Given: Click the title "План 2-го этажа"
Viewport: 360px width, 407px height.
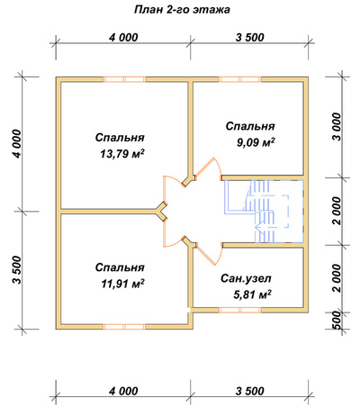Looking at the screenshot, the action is [182, 10].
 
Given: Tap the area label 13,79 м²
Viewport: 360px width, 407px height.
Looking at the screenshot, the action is [122, 154].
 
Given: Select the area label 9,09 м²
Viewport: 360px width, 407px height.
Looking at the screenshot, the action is [256, 142].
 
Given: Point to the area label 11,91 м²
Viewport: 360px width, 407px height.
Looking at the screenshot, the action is [122, 284].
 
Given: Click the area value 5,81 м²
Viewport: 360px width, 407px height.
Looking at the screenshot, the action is [253, 294].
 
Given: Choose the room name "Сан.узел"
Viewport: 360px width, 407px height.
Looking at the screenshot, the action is [246, 279].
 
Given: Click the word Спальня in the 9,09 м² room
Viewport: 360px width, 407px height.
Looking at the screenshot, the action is [250, 126].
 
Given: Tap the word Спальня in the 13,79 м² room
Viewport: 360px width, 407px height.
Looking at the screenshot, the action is [120, 138].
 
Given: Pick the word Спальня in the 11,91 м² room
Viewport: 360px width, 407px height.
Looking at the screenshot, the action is [120, 267].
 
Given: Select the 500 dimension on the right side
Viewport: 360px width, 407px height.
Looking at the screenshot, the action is [337, 321].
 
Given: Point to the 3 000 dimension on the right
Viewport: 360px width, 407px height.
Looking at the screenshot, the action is [337, 127].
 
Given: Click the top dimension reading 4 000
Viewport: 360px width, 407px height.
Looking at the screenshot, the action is [123, 38].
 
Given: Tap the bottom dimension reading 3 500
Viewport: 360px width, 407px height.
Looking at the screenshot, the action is [250, 392].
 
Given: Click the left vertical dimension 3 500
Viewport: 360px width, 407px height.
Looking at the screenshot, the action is [17, 270].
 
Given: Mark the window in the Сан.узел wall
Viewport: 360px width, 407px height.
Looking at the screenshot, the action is [240, 310].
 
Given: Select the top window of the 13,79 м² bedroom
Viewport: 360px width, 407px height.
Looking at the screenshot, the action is [124, 79].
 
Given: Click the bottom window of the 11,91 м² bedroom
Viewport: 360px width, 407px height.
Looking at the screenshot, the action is [124, 327].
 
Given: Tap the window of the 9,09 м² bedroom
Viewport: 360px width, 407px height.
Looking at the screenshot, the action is [240, 79].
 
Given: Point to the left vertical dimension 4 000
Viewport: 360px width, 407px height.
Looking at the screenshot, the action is [17, 144].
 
